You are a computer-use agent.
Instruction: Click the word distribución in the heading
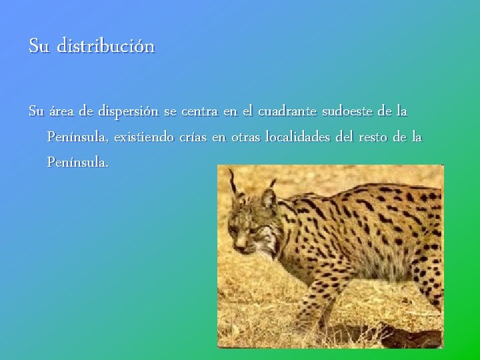(106, 47)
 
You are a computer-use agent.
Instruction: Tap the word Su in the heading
(39, 47)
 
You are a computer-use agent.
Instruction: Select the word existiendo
(143, 137)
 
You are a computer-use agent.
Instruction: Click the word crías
(193, 137)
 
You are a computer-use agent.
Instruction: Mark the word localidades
(297, 137)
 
